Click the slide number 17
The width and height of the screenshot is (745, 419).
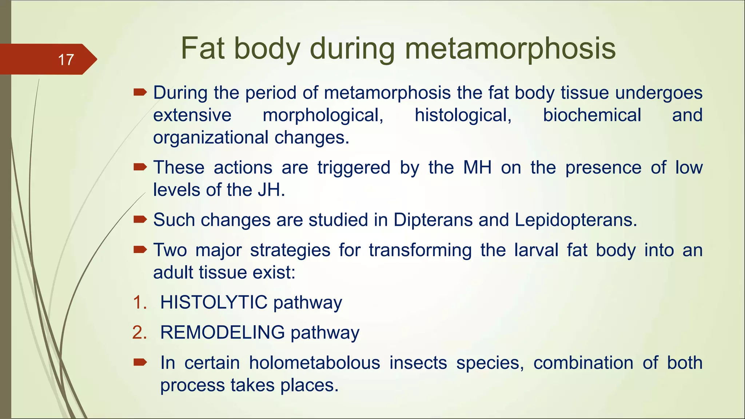pos(66,60)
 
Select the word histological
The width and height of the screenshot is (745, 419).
pos(463,115)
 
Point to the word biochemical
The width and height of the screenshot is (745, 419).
pos(592,115)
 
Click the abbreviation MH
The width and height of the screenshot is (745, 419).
pos(477,168)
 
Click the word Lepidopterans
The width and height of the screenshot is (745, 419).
pos(576,220)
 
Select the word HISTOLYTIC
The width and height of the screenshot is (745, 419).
pos(214,302)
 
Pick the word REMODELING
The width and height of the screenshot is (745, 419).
pos(222,332)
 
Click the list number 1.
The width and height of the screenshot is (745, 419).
pos(139,303)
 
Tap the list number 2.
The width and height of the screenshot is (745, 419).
pos(139,333)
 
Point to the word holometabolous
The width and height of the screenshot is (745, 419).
pos(315,363)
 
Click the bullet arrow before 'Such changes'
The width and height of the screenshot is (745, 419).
pos(140,219)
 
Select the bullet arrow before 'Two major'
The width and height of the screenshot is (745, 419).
pos(140,250)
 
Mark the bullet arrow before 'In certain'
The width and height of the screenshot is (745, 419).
pos(140,362)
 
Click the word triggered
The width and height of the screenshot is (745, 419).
pos(354,168)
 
